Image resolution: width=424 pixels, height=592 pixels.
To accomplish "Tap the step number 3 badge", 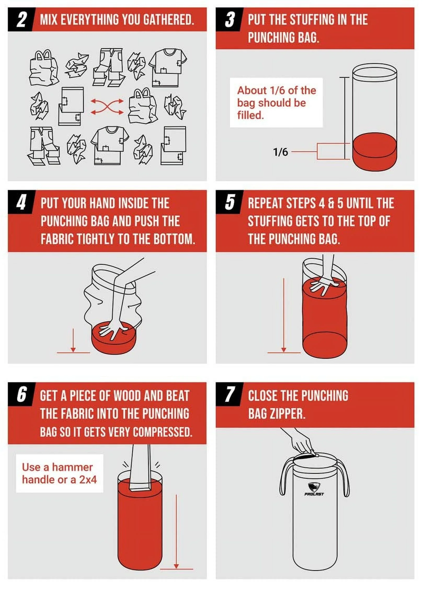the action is pos(229,20).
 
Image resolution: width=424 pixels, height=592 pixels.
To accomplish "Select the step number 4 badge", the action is pos(21,203).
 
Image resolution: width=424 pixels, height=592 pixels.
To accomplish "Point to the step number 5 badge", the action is pos(229,203).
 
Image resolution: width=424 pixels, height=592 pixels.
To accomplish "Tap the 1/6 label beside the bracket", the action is pos(280,152).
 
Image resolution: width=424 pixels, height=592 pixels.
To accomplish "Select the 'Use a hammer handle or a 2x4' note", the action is pos(60,473).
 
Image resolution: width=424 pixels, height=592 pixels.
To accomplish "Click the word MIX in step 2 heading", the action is pos(49,20).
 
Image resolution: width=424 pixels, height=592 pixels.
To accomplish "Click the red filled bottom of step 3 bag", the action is pos(375,151).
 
